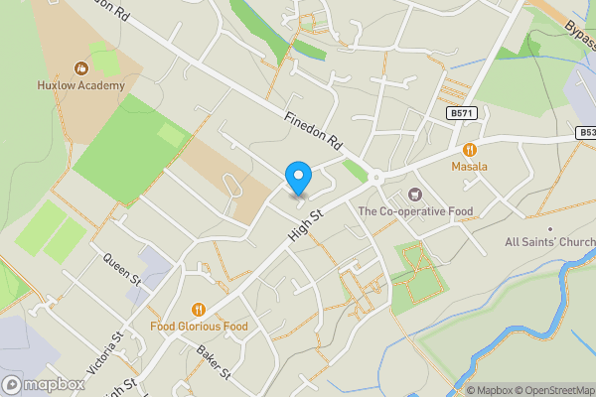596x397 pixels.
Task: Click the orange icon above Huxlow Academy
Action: (x=81, y=68)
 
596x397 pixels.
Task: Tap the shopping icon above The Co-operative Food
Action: (x=414, y=195)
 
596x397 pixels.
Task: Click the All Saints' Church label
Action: (x=549, y=242)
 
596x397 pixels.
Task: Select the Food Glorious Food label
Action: (x=199, y=326)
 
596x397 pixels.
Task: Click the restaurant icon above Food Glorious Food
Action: (x=199, y=309)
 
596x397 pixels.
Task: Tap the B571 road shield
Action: (x=462, y=115)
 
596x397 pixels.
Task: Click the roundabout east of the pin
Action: (x=376, y=179)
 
